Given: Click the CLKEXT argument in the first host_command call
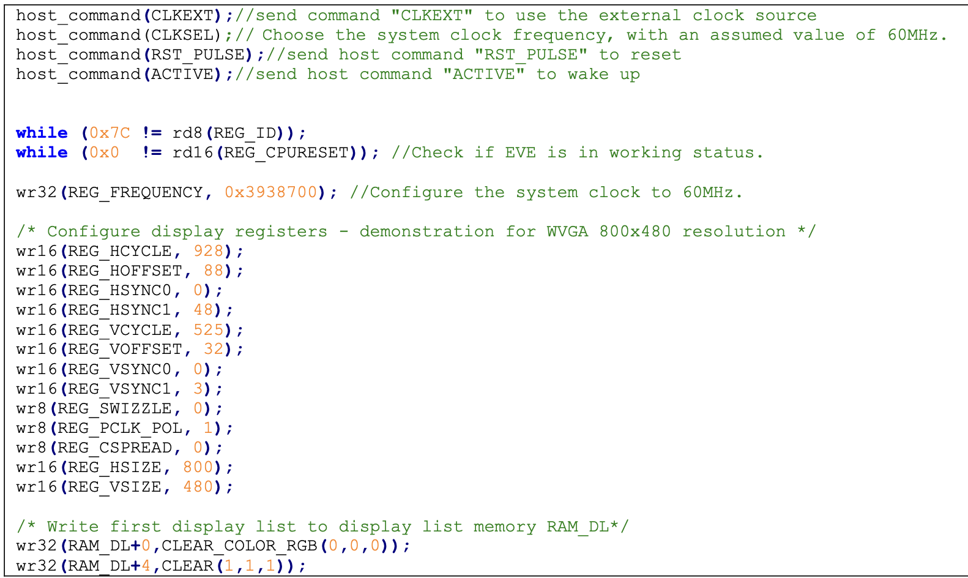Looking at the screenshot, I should click(182, 15).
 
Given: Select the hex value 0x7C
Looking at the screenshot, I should click(110, 133).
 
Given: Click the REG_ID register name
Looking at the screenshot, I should click(245, 133).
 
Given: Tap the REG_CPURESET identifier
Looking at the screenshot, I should click(286, 152).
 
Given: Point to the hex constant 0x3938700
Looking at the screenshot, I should click(270, 192).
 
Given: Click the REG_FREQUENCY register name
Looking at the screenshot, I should click(135, 192).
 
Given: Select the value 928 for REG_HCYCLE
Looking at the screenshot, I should click(208, 251).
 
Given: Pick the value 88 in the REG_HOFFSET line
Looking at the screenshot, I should click(214, 271).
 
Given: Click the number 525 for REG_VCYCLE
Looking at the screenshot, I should click(208, 330).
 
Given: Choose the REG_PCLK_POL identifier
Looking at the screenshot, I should click(120, 428).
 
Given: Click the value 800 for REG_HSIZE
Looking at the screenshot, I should click(198, 467).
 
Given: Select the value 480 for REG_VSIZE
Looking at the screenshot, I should click(198, 487).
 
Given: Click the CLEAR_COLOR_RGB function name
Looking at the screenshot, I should click(239, 546).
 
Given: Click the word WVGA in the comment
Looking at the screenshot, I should click(567, 231).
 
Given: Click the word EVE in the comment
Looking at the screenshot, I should click(520, 152).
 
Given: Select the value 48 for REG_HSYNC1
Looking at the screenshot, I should click(203, 310).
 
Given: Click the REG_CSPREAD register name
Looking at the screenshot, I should click(115, 448).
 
